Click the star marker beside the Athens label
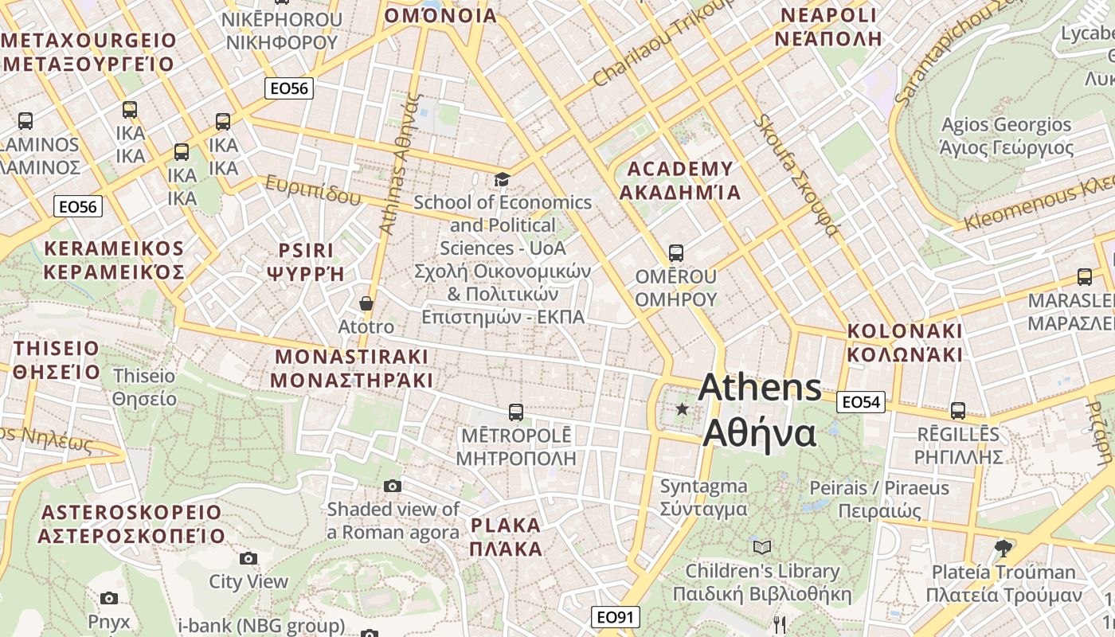(x=682, y=409)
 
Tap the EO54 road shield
(x=861, y=402)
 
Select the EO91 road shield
(x=616, y=617)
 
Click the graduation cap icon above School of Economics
(x=502, y=179)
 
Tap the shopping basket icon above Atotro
(x=366, y=303)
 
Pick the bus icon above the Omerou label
(x=676, y=253)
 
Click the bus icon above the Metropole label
(x=516, y=412)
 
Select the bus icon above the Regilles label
(x=957, y=411)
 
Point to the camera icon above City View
(x=248, y=558)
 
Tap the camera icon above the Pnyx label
(x=109, y=598)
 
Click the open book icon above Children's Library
(x=762, y=547)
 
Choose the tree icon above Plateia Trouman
(x=1003, y=548)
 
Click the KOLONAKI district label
(x=905, y=342)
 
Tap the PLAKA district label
(x=506, y=537)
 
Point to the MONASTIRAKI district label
(x=351, y=368)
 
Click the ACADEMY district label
(x=680, y=181)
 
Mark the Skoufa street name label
(x=796, y=175)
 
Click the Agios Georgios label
(x=1007, y=136)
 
